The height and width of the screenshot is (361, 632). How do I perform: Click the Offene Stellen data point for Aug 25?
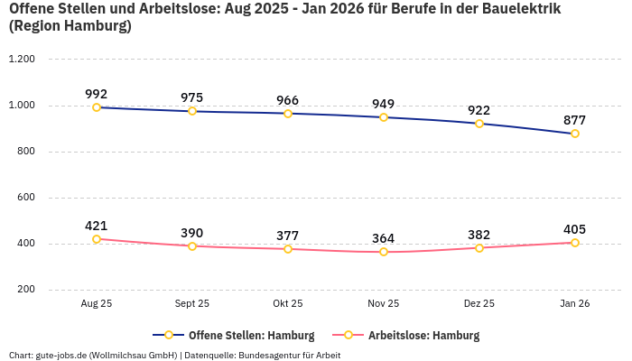pos(97,107)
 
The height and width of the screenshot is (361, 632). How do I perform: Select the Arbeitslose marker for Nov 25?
pos(384,252)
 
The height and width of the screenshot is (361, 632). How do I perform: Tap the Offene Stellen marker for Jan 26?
pos(575,134)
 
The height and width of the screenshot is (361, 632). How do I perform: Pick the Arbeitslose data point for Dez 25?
pos(479,247)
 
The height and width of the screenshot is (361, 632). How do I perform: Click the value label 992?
pos(97,94)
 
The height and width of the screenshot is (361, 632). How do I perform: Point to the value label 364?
pos(384,238)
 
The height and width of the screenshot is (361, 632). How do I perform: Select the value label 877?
pos(575,120)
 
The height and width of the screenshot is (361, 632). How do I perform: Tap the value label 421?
pos(97,226)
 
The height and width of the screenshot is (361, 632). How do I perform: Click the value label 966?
pos(288,100)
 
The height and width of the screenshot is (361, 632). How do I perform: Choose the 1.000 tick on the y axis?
pos(22,106)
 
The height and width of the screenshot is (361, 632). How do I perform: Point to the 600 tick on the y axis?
pos(26,198)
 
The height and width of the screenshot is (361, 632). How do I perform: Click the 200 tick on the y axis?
pos(26,290)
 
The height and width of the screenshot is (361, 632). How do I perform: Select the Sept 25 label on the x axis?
pos(192,304)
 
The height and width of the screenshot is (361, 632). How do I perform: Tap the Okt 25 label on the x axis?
pos(288,304)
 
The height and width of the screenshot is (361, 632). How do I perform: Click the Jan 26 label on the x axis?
pos(575,304)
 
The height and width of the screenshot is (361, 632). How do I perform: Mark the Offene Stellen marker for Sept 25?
pos(192,111)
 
